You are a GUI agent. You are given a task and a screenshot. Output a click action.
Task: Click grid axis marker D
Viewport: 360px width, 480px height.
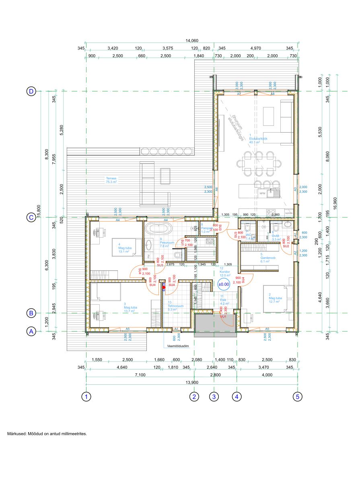(31, 91)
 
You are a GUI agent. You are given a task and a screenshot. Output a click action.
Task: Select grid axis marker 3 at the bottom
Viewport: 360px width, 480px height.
(214, 396)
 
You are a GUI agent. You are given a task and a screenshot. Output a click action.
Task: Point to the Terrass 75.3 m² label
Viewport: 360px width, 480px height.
(111, 180)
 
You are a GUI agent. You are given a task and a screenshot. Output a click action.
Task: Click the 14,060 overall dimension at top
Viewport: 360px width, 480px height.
(192, 41)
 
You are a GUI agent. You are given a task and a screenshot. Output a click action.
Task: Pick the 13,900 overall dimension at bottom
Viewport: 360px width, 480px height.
(192, 382)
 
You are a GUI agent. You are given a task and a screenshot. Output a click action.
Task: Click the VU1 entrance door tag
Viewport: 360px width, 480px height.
(223, 316)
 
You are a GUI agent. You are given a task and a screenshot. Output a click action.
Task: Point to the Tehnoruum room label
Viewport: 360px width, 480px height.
(175, 306)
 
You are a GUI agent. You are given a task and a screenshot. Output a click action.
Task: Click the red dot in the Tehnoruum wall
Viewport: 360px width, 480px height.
(164, 287)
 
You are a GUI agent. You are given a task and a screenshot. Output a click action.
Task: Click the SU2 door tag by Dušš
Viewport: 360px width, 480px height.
(286, 246)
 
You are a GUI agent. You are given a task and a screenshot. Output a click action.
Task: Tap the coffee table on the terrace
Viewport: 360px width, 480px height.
(165, 175)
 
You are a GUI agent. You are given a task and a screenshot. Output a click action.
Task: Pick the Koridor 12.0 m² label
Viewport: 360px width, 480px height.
(225, 272)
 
